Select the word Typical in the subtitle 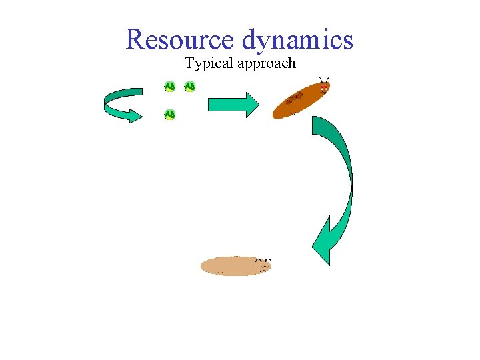pos(206,64)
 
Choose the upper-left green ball pos(170,86)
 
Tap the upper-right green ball pos(190,86)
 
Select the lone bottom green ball pos(170,114)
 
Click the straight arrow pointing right pos(233,105)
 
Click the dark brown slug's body pos(301,99)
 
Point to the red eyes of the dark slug pos(324,87)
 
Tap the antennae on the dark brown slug pos(324,79)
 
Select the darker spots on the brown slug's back pos(294,99)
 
